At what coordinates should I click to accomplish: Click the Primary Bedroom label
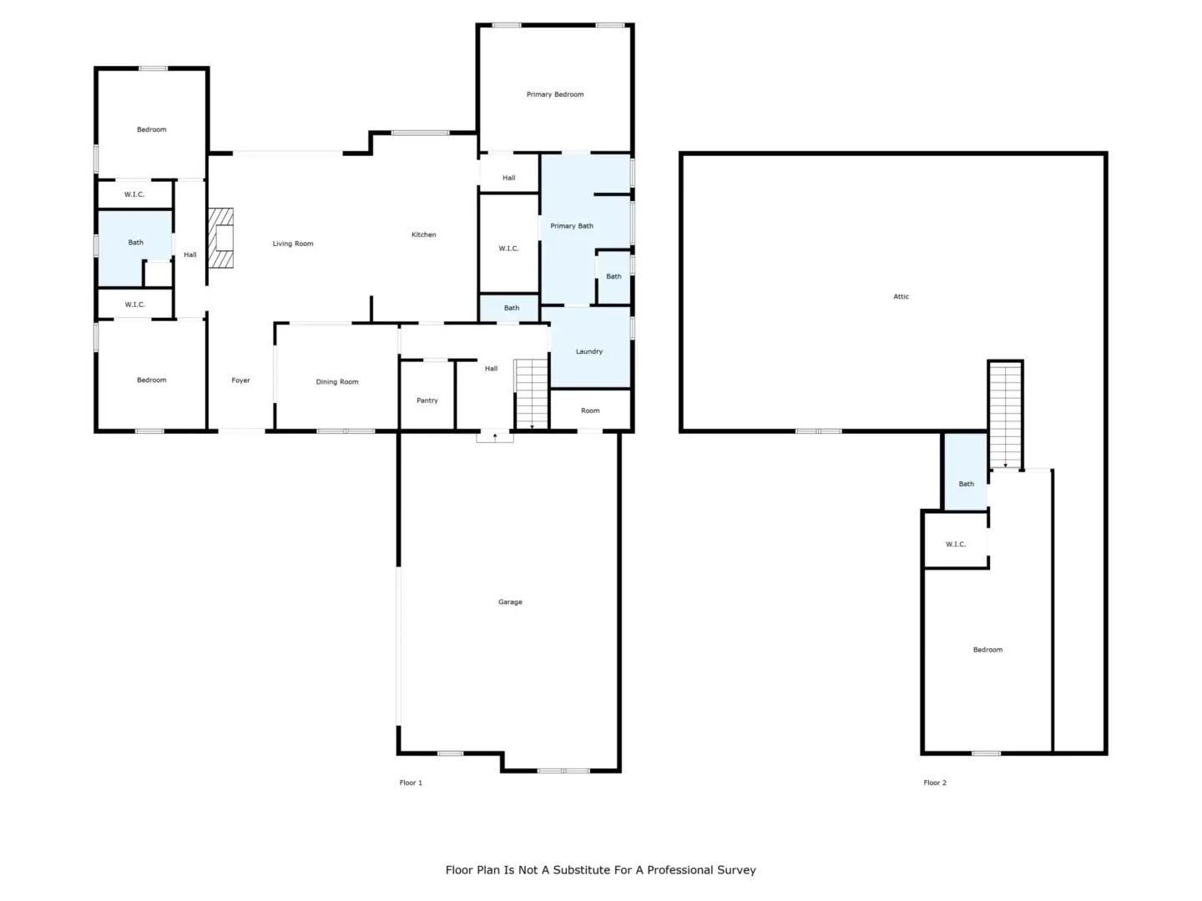(555, 94)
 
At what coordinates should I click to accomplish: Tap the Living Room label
(293, 244)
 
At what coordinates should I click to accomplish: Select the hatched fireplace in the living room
(220, 238)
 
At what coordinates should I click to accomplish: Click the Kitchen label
(424, 234)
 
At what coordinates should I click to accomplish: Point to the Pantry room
(427, 395)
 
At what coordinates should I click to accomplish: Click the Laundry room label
(589, 352)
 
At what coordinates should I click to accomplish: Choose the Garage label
(510, 602)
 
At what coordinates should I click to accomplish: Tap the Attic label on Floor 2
(901, 296)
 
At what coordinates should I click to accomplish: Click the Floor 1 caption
(411, 783)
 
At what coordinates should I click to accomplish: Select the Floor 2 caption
(935, 783)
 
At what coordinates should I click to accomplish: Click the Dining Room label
(336, 382)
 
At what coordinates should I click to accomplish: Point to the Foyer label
(240, 380)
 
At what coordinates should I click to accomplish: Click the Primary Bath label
(572, 226)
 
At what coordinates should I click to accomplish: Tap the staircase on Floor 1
(531, 394)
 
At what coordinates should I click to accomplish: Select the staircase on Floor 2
(1005, 415)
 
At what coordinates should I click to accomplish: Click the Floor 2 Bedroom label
(987, 650)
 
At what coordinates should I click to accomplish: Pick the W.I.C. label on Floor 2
(956, 544)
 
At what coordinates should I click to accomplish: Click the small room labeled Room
(590, 410)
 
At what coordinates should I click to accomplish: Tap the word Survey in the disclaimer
(735, 870)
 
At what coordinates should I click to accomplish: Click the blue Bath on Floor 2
(966, 472)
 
